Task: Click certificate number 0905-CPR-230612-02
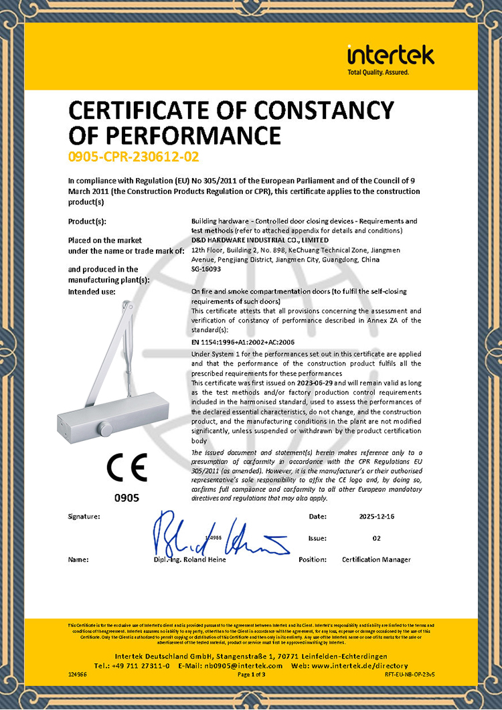134,157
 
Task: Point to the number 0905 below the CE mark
127,498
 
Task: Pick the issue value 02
376,538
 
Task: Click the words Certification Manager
376,559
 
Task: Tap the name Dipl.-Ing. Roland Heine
189,559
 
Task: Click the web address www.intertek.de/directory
360,666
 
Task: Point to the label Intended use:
92,292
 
